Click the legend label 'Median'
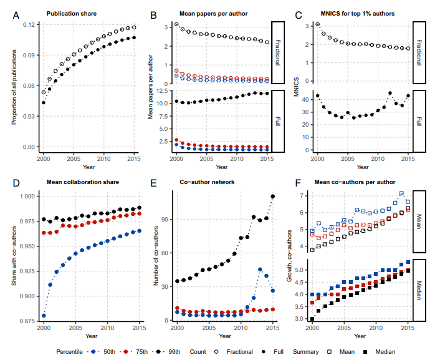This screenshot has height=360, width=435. (x=386, y=352)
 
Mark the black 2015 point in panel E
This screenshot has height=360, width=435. (x=272, y=197)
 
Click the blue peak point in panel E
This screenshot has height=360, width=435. (x=260, y=270)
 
